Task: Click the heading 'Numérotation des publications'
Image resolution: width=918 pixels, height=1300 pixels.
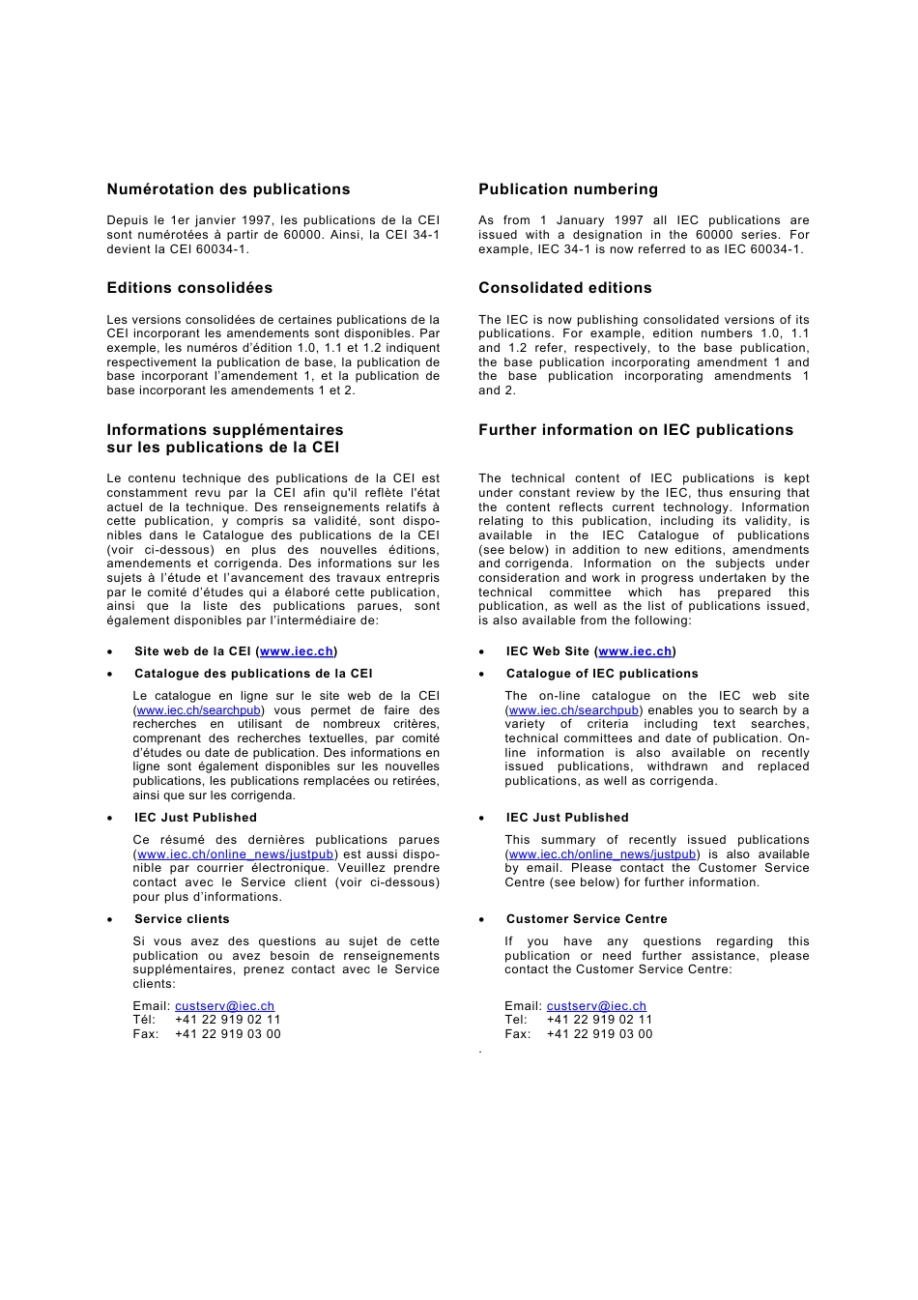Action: point(228,189)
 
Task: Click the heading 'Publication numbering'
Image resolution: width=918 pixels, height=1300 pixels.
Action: point(568,189)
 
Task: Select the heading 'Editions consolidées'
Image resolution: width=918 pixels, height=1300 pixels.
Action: point(189,288)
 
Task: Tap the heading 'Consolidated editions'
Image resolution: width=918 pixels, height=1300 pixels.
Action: point(565,288)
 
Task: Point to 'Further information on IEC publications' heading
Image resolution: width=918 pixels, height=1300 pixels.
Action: point(636,430)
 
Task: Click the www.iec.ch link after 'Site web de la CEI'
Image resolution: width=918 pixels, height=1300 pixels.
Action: point(297,651)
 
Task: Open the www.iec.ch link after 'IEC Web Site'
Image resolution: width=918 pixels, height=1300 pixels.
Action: point(635,651)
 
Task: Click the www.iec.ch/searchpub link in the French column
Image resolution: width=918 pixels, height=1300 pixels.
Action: point(198,710)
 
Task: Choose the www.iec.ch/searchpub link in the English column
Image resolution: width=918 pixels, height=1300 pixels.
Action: point(573,710)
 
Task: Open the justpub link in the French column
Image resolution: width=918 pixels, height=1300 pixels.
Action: point(235,854)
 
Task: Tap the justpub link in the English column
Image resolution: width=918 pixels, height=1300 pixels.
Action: point(602,854)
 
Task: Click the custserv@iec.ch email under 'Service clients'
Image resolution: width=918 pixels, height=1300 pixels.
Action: point(224,1006)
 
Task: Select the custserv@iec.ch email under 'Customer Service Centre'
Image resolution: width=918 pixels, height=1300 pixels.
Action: point(596,1006)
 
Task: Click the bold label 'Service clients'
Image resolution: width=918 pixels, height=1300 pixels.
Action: point(182,919)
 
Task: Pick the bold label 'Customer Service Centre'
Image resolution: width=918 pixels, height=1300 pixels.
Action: point(587,919)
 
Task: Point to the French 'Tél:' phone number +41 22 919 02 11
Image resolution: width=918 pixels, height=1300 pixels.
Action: point(227,1020)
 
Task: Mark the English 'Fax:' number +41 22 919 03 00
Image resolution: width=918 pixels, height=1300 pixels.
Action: point(599,1034)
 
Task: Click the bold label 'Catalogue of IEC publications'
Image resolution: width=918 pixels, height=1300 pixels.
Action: point(602,674)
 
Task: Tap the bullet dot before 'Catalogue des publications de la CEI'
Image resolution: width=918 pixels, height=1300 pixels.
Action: point(110,675)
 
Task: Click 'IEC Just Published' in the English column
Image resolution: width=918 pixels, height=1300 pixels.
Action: point(567,818)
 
